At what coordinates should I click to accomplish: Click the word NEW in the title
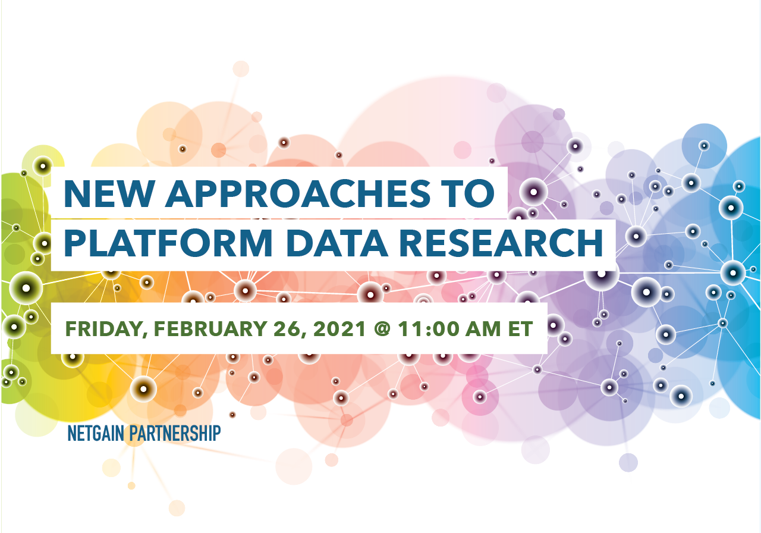109,193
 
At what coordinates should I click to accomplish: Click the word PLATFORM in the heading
168,243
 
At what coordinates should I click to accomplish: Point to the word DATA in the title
337,243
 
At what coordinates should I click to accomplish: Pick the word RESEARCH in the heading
501,243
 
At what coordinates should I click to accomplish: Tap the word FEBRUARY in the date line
210,329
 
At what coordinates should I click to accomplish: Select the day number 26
290,329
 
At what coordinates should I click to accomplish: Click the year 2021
339,329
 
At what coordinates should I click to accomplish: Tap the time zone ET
520,329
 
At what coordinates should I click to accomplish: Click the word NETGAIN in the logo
96,433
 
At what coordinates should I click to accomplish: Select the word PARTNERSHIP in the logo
175,433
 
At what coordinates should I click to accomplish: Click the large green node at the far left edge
26,289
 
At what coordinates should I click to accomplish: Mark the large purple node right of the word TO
533,192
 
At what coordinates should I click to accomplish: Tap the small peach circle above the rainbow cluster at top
241,69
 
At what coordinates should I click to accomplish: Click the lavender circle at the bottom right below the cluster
628,462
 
